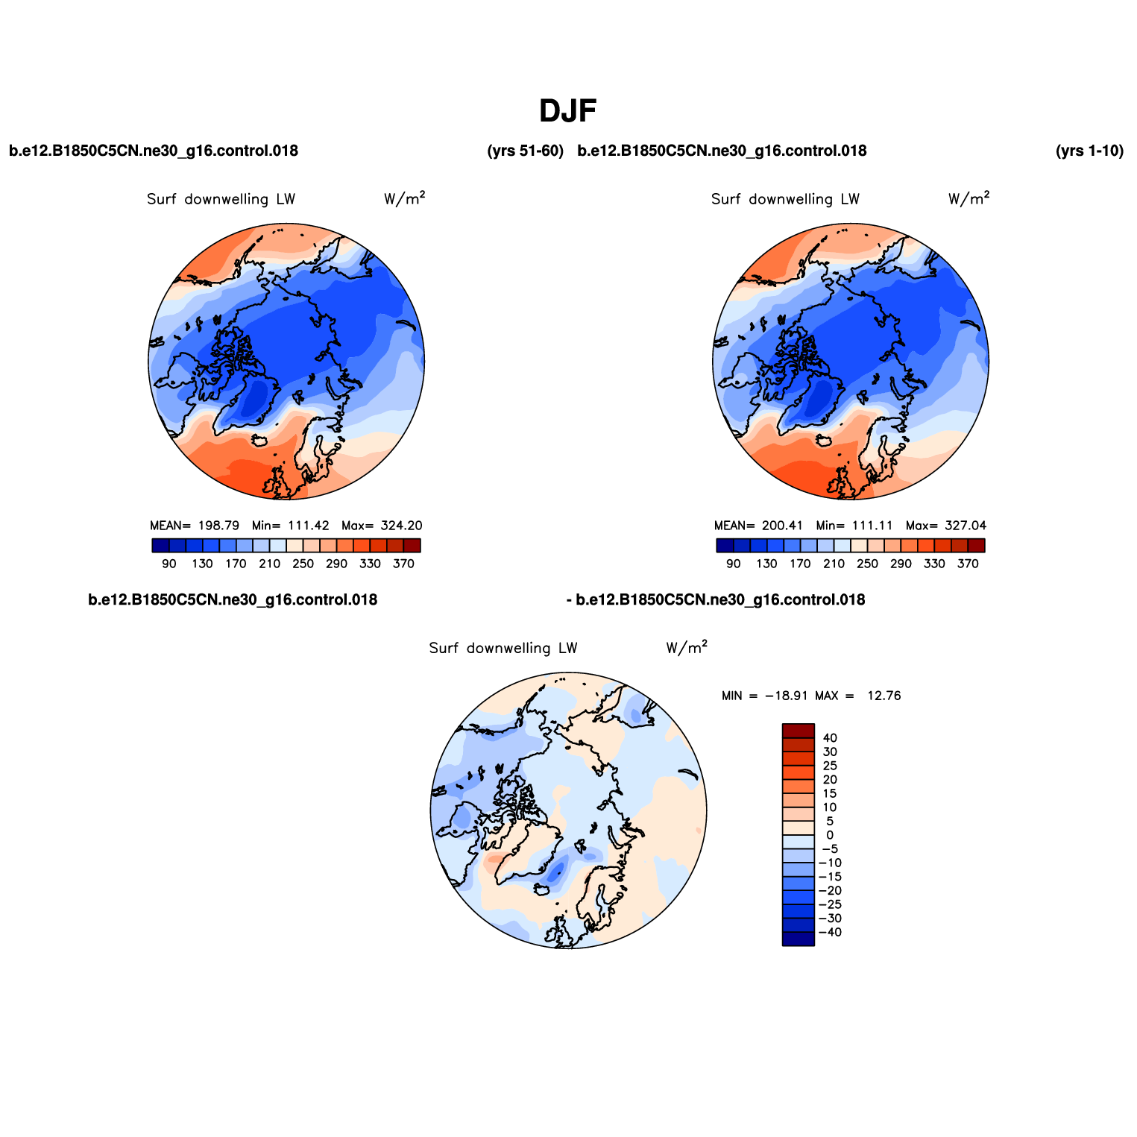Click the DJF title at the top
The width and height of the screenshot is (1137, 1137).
568,111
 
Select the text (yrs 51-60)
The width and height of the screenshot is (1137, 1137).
525,151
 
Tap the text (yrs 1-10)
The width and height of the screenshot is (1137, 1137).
1089,151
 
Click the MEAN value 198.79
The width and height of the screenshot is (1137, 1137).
218,526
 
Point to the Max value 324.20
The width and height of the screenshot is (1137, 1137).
401,526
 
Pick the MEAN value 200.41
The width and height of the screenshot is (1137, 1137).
782,526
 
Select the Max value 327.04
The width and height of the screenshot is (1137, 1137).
966,526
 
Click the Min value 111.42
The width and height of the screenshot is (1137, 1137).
309,526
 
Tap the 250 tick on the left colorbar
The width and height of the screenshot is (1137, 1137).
303,564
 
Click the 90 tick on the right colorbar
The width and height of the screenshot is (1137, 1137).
734,564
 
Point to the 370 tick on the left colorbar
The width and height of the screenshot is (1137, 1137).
403,564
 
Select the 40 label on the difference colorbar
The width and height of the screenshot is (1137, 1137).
830,738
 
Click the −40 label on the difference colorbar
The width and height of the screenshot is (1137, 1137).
830,933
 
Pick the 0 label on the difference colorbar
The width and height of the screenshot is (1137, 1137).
830,836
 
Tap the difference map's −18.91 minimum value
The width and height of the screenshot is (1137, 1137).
787,696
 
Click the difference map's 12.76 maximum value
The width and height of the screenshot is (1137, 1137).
884,696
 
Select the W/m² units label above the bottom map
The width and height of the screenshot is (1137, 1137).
687,647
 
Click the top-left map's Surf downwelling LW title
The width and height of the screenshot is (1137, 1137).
221,199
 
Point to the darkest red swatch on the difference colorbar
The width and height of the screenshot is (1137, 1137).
799,731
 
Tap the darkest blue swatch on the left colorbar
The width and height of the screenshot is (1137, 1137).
160,546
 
